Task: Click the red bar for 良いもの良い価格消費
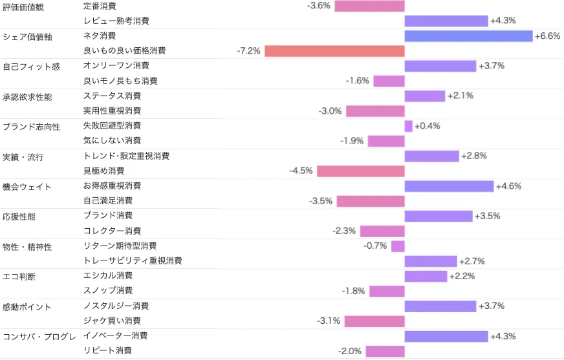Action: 334,51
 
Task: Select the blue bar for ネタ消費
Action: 468,36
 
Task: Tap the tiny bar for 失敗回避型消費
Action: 408,126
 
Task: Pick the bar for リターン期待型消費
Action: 398,246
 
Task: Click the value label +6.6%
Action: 547,36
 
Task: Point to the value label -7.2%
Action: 248,51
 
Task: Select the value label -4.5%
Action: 301,171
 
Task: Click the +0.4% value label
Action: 428,126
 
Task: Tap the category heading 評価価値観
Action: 23,7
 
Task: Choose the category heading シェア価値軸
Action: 27,37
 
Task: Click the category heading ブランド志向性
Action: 31,127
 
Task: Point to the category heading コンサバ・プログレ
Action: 39,337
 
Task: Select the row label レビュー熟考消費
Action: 116,21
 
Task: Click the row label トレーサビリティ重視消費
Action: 133,260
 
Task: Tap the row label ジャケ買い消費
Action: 112,321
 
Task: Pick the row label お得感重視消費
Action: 113,185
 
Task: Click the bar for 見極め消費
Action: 361,171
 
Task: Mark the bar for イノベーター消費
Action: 446,336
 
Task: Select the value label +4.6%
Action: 508,186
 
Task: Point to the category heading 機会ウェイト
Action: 27,187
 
